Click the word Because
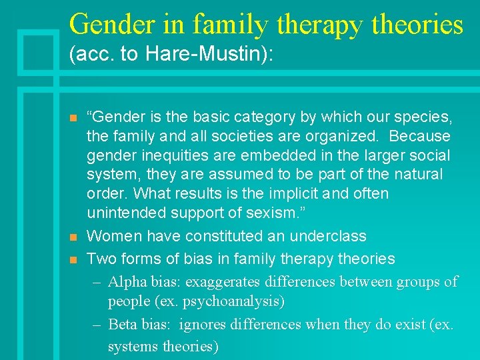tap(420, 137)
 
